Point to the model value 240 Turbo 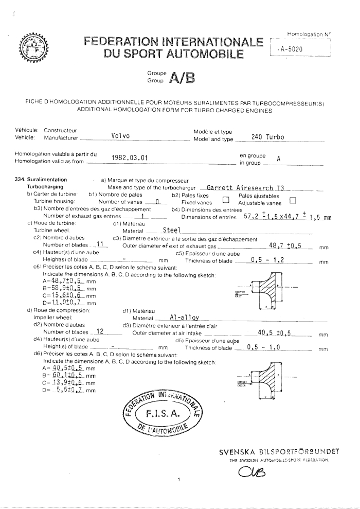267,137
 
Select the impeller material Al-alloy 184,319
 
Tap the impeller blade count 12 101,332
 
